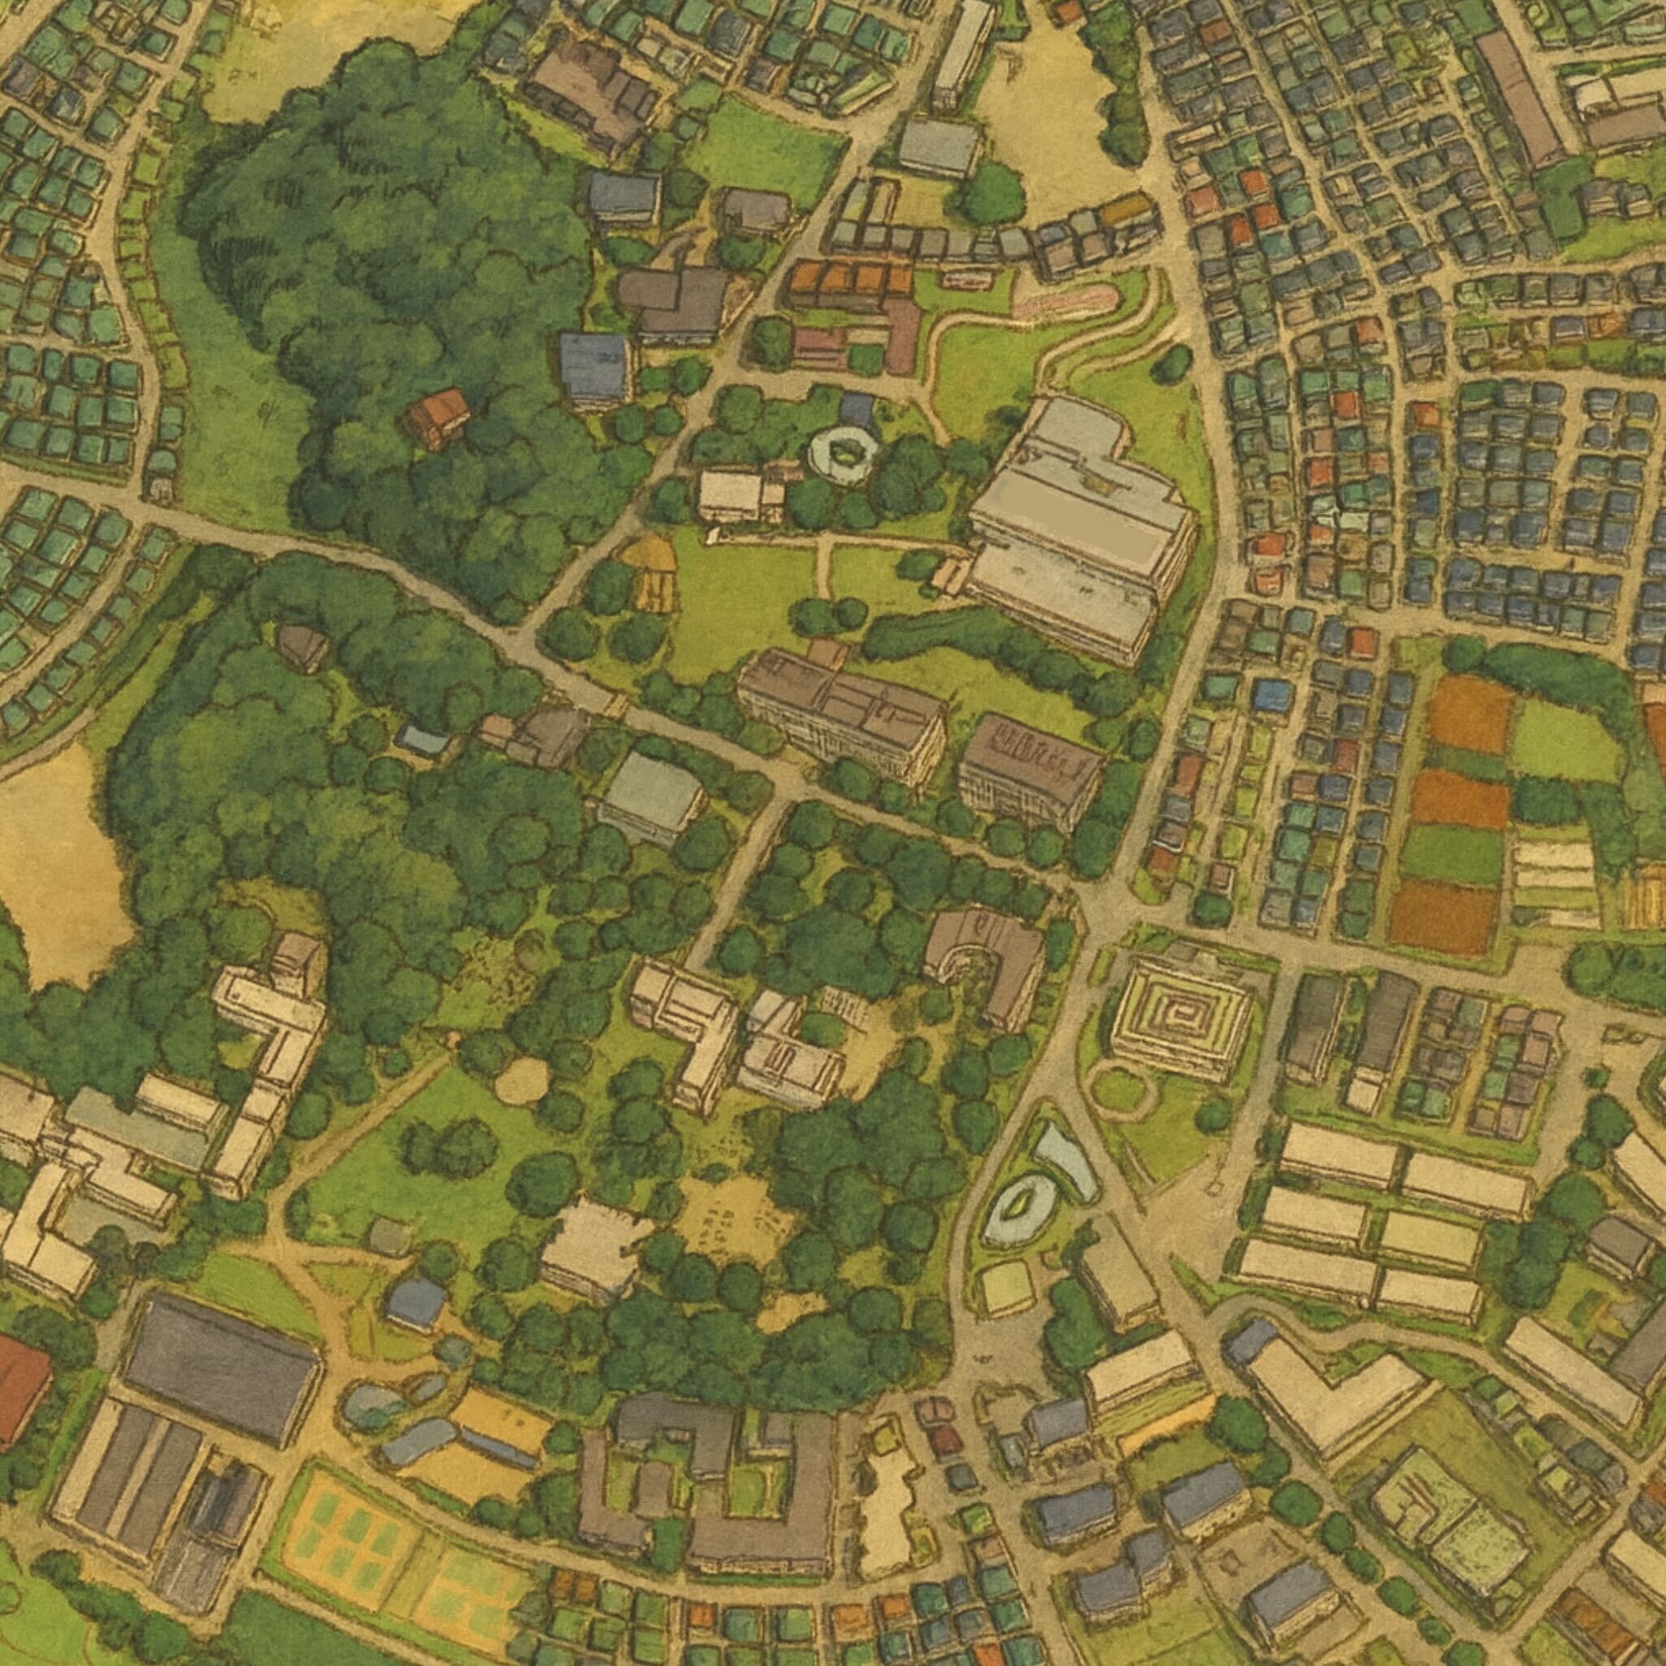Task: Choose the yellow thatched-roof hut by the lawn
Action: [652, 570]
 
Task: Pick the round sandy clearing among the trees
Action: [521, 1080]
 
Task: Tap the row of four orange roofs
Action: [850, 278]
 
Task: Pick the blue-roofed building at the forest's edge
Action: [595, 369]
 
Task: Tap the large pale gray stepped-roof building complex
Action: [1078, 526]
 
